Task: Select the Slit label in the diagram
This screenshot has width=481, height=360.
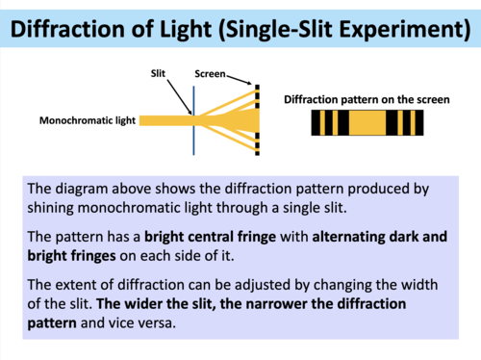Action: [x=159, y=72]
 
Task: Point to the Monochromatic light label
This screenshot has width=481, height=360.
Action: [x=88, y=121]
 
